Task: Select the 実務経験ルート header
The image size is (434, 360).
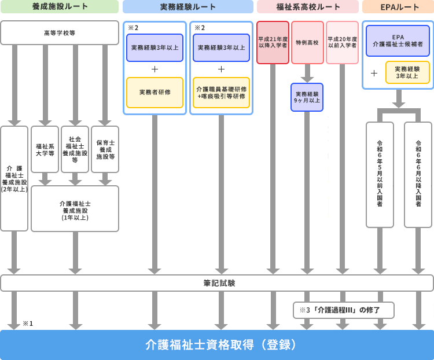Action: pyautogui.click(x=187, y=7)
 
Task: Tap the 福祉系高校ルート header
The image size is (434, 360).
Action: pyautogui.click(x=307, y=7)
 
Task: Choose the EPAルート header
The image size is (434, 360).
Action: pyautogui.click(x=398, y=7)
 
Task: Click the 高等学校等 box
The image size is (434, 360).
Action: pyautogui.click(x=60, y=33)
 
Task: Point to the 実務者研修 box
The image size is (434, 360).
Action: pyautogui.click(x=155, y=93)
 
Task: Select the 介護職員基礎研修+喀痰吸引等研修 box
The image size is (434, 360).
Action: pyautogui.click(x=221, y=93)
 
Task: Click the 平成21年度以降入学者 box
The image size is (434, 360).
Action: pyautogui.click(x=273, y=42)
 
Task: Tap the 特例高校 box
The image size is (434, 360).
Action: pyautogui.click(x=307, y=42)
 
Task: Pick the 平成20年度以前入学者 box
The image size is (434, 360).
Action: pyautogui.click(x=342, y=42)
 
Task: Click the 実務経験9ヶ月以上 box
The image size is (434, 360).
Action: pyautogui.click(x=307, y=97)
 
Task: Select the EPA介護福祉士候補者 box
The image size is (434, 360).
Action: pyautogui.click(x=398, y=41)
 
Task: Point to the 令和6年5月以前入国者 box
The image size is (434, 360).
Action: pyautogui.click(x=380, y=174)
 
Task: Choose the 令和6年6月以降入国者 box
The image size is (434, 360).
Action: pyautogui.click(x=418, y=174)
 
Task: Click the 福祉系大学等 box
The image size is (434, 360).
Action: pyautogui.click(x=45, y=149)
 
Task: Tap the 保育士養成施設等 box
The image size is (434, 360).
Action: pyautogui.click(x=105, y=149)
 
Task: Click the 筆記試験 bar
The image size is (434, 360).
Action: pyautogui.click(x=216, y=283)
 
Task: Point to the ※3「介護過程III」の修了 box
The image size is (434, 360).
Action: pyautogui.click(x=343, y=310)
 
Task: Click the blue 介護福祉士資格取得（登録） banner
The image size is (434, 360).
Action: pyautogui.click(x=216, y=345)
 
